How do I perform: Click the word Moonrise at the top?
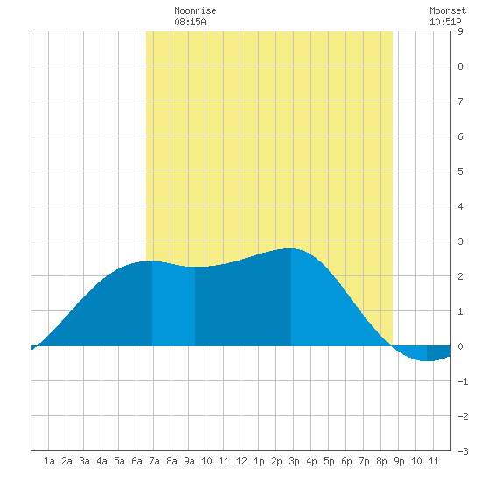tap(195, 10)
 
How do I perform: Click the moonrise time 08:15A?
tap(190, 22)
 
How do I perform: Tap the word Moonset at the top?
tap(448, 10)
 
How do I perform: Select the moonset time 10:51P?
tap(445, 22)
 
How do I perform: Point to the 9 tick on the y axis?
tap(460, 31)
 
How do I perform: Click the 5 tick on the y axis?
tap(460, 171)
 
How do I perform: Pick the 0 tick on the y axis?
tap(460, 346)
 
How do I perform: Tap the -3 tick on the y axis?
tap(463, 451)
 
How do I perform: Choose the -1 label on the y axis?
tap(463, 381)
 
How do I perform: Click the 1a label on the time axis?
tap(49, 461)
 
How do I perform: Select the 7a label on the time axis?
tap(154, 461)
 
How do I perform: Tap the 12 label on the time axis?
tap(241, 461)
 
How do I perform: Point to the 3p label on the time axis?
tap(294, 461)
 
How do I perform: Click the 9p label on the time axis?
tap(399, 461)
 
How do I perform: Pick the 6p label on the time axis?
tap(346, 461)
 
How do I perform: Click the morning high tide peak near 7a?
tap(151, 261)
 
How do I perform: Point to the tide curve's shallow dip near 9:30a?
tap(195, 267)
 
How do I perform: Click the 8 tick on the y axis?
tap(460, 66)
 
